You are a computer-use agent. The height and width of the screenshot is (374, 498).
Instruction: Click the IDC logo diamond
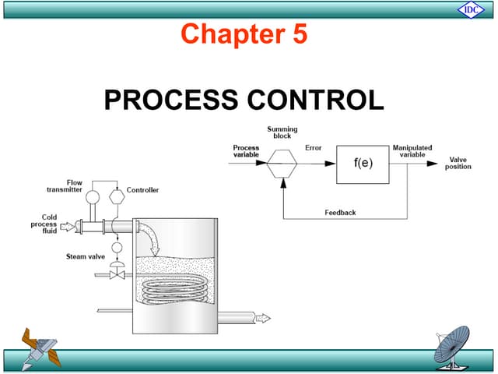pyautogui.click(x=471, y=9)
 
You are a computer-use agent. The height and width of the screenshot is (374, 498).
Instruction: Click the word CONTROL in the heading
pyautogui.click(x=317, y=100)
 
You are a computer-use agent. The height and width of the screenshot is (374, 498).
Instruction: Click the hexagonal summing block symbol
pyautogui.click(x=282, y=164)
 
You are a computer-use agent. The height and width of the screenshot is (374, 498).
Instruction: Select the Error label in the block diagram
pyautogui.click(x=314, y=147)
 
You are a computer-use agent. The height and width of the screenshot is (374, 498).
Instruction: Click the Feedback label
pyautogui.click(x=340, y=212)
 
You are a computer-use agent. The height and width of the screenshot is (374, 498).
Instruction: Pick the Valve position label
pyautogui.click(x=458, y=163)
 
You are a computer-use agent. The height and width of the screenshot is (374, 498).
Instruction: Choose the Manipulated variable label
pyautogui.click(x=412, y=150)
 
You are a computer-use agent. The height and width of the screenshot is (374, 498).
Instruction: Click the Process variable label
pyautogui.click(x=246, y=150)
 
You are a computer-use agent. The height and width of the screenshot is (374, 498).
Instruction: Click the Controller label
pyautogui.click(x=142, y=190)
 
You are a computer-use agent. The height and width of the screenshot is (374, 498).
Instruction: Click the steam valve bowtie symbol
pyautogui.click(x=117, y=274)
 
